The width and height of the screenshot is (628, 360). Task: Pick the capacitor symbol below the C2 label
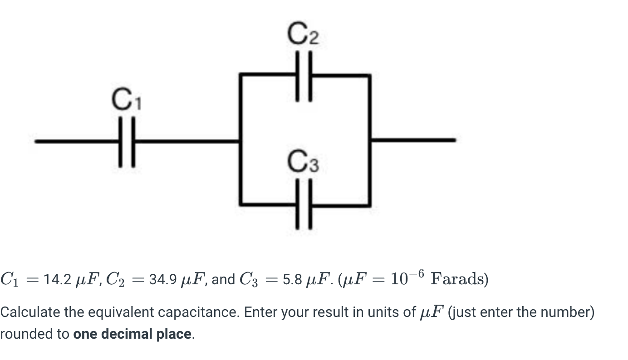click(x=304, y=75)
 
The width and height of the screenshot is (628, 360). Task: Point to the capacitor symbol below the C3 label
click(x=304, y=205)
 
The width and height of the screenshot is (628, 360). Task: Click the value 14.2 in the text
click(x=57, y=280)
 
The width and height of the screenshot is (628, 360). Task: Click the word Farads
click(x=459, y=278)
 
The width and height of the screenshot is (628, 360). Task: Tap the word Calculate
click(x=29, y=312)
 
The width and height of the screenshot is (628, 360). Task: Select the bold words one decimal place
click(x=132, y=334)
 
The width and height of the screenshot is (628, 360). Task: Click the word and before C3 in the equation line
click(x=222, y=280)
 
